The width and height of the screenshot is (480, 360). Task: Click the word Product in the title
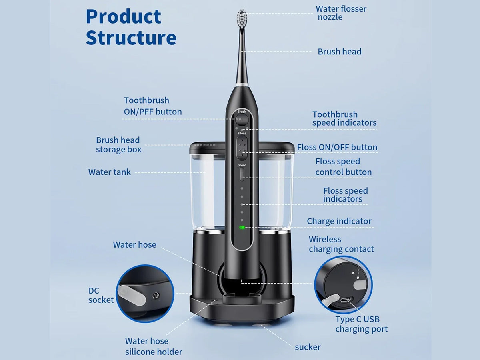[124, 17]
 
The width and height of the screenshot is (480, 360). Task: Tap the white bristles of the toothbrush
[242, 18]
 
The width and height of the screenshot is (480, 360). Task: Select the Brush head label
[339, 52]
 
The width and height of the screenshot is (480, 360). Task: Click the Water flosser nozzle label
[341, 13]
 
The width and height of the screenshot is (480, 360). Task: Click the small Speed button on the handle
[242, 174]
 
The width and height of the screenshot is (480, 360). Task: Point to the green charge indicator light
[242, 227]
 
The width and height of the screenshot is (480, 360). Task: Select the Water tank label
[109, 172]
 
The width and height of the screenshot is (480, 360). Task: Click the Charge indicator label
[339, 221]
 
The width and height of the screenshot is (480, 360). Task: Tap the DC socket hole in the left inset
[156, 296]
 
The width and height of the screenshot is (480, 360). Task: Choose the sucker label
[308, 347]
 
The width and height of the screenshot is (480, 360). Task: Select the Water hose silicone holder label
[154, 346]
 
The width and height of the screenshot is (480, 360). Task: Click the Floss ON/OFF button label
[337, 147]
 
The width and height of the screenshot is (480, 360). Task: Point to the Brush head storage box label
[118, 145]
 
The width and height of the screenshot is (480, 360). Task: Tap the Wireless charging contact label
[341, 244]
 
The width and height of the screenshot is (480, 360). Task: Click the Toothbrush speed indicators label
[344, 118]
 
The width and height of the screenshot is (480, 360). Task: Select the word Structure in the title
[131, 38]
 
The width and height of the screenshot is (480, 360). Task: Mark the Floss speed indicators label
[346, 195]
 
